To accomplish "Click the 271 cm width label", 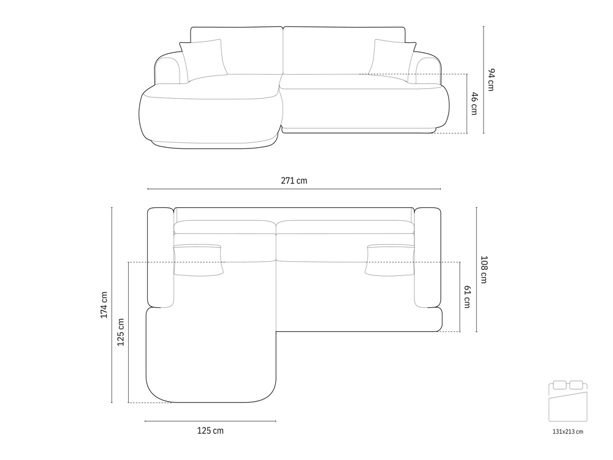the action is point(294,181).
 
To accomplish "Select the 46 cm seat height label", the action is point(474,103).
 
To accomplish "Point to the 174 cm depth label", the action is point(104,305).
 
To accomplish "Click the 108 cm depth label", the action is point(484,269).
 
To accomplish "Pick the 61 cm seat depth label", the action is point(467,297).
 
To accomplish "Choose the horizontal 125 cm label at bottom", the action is point(210,431).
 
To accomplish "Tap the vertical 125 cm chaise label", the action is point(121,332).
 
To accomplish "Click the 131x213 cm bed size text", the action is point(568,432).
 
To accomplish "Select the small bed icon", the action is point(568,401).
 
